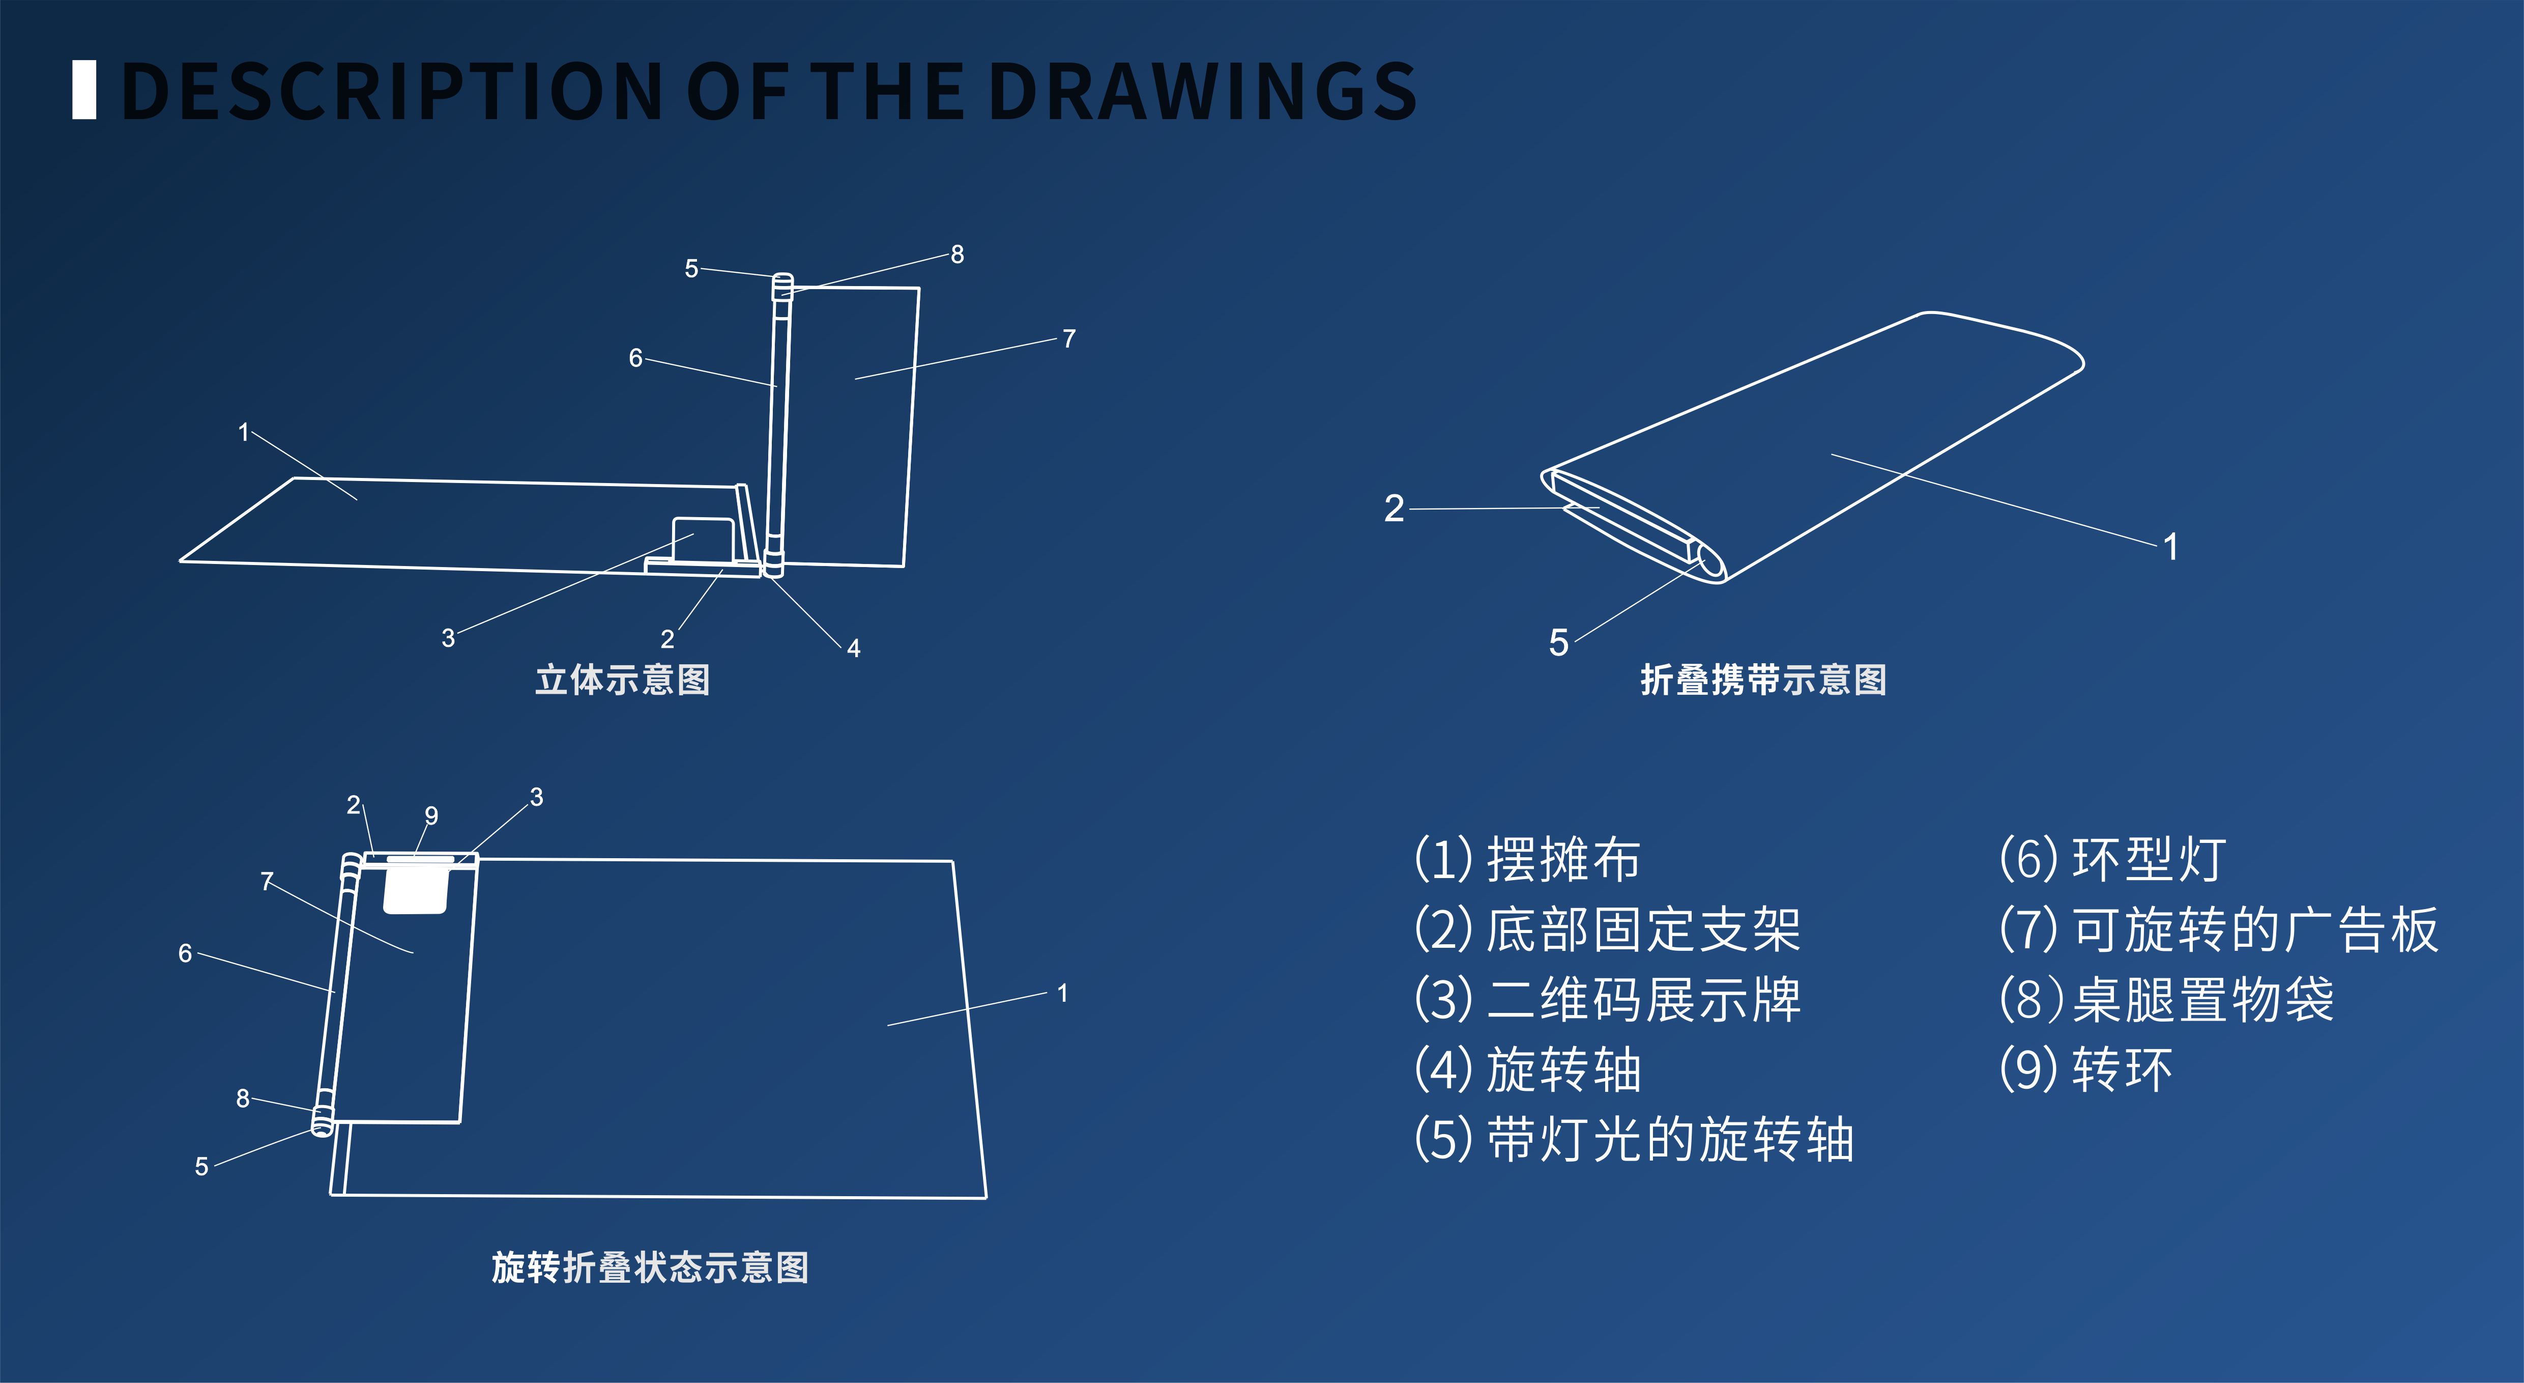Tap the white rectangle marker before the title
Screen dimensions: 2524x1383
click(84, 90)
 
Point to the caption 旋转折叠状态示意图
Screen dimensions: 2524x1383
click(650, 1267)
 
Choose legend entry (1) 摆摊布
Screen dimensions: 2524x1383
click(1526, 860)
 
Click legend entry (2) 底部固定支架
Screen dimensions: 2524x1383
click(1607, 929)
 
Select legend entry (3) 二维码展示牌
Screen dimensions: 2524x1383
click(1607, 1000)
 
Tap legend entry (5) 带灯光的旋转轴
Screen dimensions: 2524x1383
click(1633, 1140)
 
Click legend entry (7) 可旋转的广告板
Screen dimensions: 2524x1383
click(2218, 929)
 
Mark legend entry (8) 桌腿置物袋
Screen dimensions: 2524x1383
click(2166, 1000)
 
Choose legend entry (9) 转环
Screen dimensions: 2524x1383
click(2086, 1069)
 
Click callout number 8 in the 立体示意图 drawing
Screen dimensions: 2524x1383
click(958, 255)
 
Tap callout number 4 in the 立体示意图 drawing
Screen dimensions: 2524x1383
click(853, 648)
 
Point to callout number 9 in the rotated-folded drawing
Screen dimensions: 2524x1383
click(431, 815)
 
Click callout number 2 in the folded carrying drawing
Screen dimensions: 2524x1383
click(1394, 509)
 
